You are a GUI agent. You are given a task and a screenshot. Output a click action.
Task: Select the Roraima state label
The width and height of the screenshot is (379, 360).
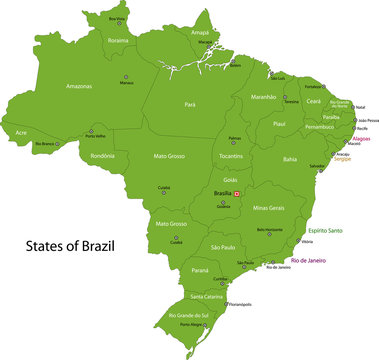coord(118,41)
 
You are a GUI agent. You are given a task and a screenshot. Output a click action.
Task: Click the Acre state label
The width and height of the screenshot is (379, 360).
coord(21,132)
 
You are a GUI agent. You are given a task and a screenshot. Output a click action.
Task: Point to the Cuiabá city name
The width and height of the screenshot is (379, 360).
coord(165,186)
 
